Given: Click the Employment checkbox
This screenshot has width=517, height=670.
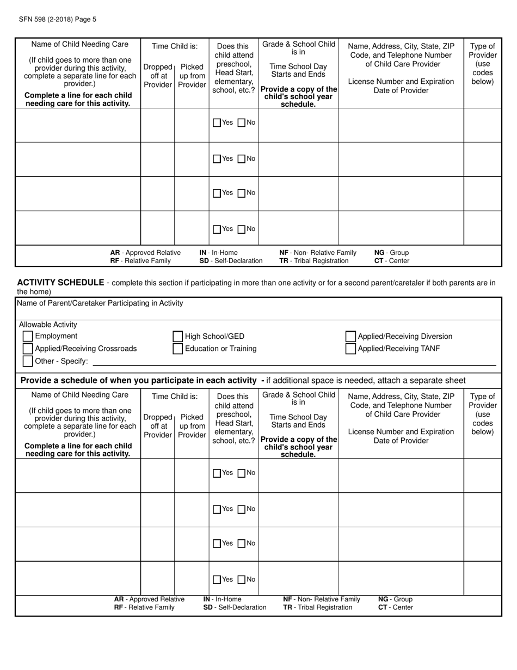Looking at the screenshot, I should point(28,337).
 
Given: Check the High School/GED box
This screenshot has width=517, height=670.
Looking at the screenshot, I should point(178,337).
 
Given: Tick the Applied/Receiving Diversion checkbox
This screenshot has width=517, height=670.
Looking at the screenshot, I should point(350,337).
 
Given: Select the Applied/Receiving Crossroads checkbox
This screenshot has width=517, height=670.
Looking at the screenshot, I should point(28,349).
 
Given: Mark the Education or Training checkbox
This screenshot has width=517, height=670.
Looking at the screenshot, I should point(178,349).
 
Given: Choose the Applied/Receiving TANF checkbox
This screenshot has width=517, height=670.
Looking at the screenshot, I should point(350,349).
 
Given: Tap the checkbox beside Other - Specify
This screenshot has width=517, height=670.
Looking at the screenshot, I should point(28,361).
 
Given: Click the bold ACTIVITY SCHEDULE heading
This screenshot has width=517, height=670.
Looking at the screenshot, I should point(60,282).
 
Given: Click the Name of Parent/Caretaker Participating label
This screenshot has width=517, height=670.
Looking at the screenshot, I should point(100,303).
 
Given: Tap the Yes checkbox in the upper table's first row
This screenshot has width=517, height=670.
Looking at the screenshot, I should point(217,123).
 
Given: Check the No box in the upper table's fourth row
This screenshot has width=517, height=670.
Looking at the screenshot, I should point(242,229).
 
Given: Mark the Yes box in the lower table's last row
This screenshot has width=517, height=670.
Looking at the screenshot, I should point(217,580).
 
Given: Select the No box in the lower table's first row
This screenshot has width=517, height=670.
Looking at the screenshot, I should point(242,473).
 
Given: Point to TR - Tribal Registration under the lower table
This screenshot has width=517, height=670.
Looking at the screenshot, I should point(317,607).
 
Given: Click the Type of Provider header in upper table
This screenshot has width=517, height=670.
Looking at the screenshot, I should point(482,64).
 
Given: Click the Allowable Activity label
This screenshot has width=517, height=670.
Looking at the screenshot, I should point(48,325).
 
